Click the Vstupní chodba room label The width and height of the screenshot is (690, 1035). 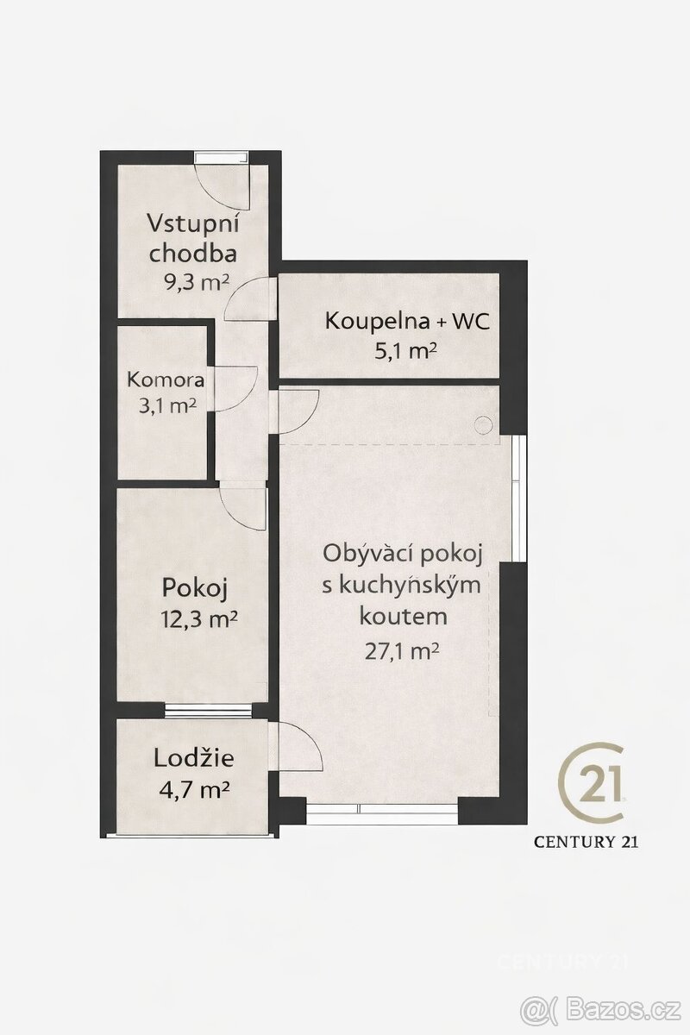(194, 237)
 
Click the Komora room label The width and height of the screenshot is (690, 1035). (166, 379)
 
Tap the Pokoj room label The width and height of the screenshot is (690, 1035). (195, 588)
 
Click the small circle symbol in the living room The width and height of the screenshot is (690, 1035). (483, 424)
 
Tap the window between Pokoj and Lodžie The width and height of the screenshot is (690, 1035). (208, 711)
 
